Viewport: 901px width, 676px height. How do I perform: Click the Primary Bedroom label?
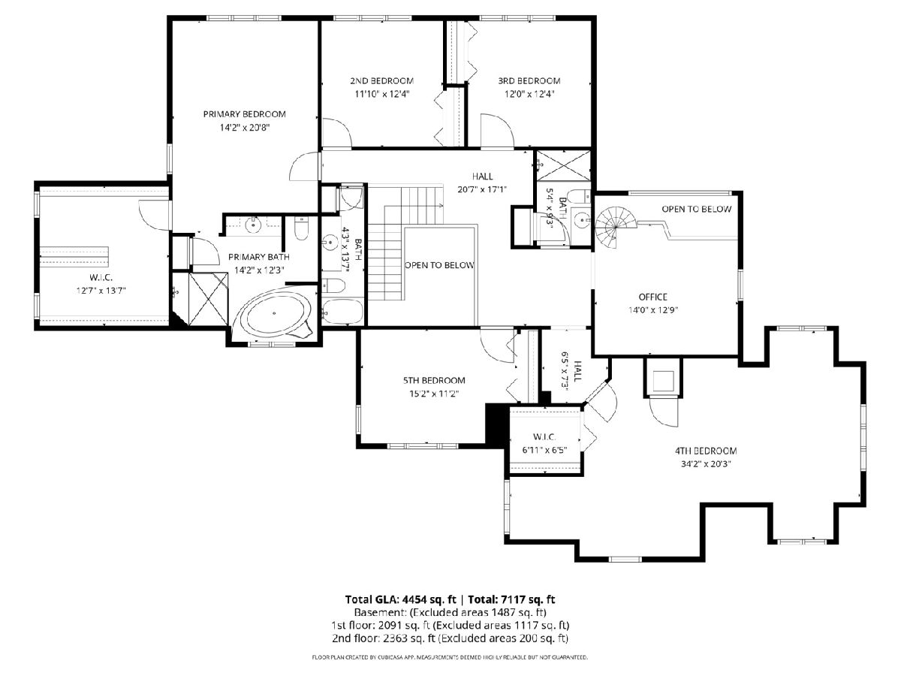pos(244,114)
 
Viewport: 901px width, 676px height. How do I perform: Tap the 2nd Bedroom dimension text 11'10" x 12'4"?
pos(382,94)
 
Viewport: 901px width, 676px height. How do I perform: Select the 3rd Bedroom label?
pos(529,81)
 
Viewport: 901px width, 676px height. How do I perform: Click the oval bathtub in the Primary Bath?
pos(275,314)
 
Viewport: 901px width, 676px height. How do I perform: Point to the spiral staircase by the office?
pos(614,227)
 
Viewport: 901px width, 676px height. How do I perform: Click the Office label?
pos(652,297)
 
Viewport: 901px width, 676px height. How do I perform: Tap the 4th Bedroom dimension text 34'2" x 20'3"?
pos(706,463)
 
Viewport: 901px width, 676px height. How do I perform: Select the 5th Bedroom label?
pos(434,381)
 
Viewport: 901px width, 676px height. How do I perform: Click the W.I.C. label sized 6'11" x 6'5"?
pos(544,436)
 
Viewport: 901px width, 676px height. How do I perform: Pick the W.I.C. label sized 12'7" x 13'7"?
pos(101,277)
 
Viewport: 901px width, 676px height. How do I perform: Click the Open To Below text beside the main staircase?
pos(439,265)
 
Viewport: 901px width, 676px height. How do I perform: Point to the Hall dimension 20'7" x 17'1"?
pos(482,189)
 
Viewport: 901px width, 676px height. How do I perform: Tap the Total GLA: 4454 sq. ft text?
pos(401,599)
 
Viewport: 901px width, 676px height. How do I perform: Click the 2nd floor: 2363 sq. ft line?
pos(450,638)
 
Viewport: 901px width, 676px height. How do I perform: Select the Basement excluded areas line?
pos(450,613)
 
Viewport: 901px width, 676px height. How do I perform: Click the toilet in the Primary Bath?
pos(301,228)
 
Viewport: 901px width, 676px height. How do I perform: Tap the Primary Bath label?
pos(258,257)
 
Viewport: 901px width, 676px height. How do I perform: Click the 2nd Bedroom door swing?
pos(337,132)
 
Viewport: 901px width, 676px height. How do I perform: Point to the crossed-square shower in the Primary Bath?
pos(207,298)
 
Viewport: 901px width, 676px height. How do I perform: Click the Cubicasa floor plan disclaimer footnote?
pos(450,657)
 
